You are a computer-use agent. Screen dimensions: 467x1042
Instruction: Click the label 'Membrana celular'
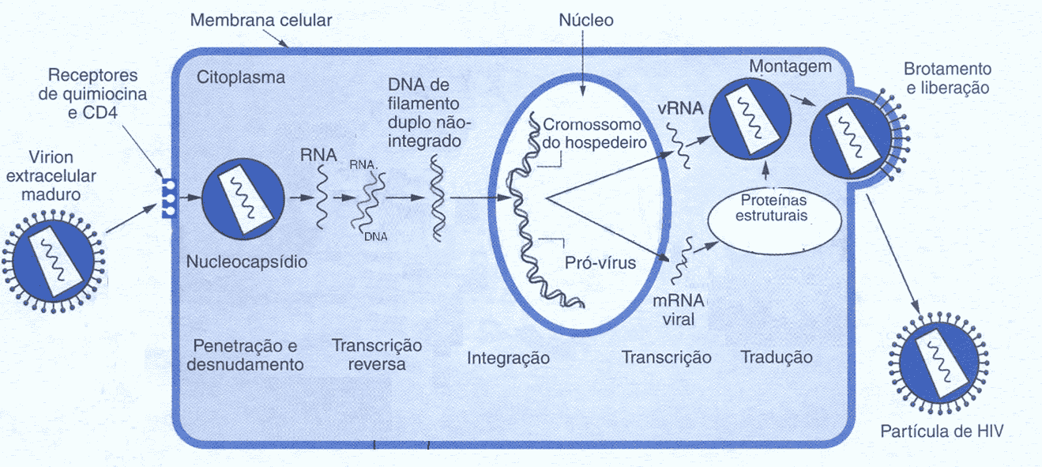pos(261,19)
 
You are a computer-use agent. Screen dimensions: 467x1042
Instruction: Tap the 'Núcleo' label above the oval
pos(585,21)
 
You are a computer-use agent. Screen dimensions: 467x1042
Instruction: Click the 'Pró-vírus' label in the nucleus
pos(600,262)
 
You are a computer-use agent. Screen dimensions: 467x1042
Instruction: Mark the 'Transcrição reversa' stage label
pos(377,355)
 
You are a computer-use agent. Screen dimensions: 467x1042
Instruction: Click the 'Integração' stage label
pos(508,358)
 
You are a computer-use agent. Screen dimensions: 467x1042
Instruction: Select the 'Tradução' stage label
pos(777,357)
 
